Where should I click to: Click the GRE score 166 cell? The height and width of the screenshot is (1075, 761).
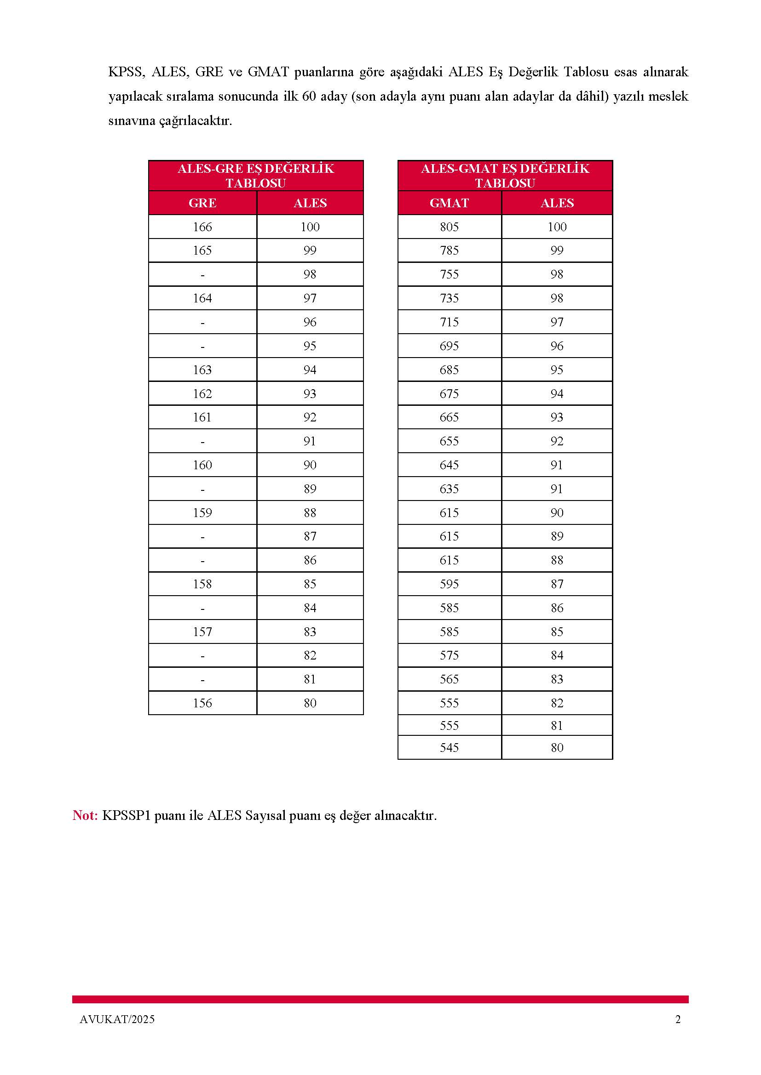click(x=202, y=227)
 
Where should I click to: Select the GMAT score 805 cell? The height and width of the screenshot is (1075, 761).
click(x=449, y=227)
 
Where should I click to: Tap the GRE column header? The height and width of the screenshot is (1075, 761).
click(x=202, y=203)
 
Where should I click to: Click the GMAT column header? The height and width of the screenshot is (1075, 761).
click(x=449, y=203)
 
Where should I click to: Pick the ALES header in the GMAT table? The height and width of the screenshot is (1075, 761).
click(x=557, y=203)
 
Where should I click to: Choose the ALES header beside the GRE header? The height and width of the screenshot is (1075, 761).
click(x=310, y=203)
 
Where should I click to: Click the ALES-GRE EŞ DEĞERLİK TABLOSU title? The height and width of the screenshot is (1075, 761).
click(x=256, y=176)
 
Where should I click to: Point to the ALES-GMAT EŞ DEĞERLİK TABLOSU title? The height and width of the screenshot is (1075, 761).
click(x=505, y=176)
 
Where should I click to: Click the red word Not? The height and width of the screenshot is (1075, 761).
click(x=85, y=815)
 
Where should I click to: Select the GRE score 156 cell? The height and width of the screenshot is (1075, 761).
click(x=202, y=703)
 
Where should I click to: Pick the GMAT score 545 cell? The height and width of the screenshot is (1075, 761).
click(x=449, y=747)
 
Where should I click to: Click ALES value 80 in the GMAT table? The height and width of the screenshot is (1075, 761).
click(x=557, y=747)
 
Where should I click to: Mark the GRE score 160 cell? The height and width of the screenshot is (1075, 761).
click(x=202, y=465)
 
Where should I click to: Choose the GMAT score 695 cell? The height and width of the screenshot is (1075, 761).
click(x=449, y=346)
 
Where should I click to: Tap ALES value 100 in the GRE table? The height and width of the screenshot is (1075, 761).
click(x=310, y=227)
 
